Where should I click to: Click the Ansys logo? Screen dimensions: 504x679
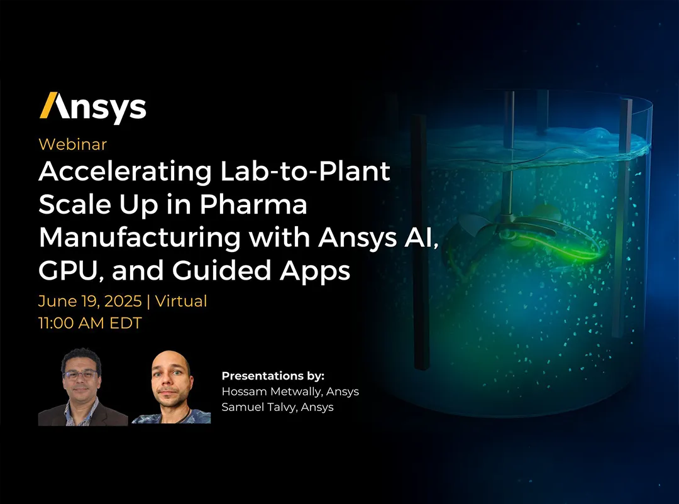tap(92, 107)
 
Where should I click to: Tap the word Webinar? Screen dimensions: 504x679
tap(72, 144)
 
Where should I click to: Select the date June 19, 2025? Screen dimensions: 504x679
tap(89, 302)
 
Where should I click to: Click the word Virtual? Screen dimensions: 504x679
tap(180, 302)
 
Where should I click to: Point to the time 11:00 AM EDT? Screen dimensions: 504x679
tap(90, 324)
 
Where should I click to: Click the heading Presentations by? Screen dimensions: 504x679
tap(273, 376)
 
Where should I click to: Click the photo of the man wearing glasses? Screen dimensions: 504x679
tap(82, 388)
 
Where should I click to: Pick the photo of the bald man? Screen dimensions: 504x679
tap(171, 388)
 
